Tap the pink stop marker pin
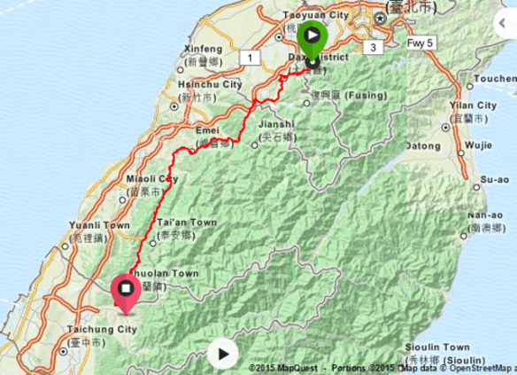click(126, 290)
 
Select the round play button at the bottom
click(223, 355)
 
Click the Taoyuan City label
click(315, 15)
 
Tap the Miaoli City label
click(146, 178)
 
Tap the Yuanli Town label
click(90, 226)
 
